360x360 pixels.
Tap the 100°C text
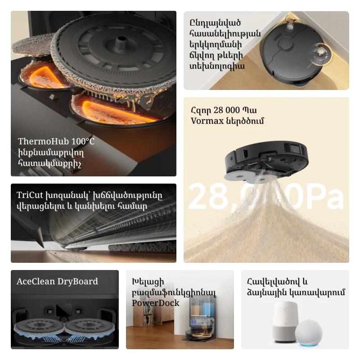(x=83, y=141)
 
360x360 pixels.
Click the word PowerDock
(x=155, y=303)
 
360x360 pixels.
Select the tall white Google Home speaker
(x=285, y=322)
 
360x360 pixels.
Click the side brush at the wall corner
(x=291, y=24)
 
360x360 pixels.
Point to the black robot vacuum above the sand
(x=266, y=161)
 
